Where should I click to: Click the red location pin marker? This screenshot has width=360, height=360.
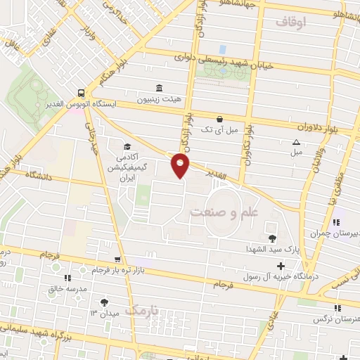pos(181,165)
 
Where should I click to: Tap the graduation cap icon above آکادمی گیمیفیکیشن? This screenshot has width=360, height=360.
pos(127,146)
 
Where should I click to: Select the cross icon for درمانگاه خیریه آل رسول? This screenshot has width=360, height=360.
pos(281,266)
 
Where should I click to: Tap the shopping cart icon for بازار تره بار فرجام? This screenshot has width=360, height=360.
pos(126,259)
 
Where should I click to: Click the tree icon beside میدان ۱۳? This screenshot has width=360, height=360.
pos(105,302)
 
